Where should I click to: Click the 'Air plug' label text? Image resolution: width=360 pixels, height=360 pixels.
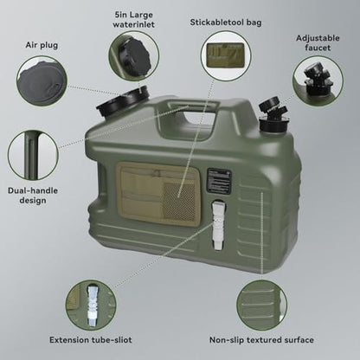(x=42, y=45)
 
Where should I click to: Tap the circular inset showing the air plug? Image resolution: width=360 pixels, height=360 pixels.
(x=42, y=81)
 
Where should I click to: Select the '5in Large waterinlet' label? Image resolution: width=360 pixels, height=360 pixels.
(x=133, y=19)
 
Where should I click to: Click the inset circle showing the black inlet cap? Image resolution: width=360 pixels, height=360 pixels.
(x=134, y=55)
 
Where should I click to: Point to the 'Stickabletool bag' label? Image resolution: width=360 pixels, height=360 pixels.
(x=226, y=22)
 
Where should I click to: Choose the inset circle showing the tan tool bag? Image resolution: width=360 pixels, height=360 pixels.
(x=226, y=56)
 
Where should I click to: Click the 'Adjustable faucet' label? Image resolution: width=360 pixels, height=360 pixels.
(x=318, y=42)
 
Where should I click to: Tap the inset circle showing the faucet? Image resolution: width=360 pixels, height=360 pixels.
(x=318, y=81)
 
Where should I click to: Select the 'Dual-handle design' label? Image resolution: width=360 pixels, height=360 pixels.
(x=33, y=196)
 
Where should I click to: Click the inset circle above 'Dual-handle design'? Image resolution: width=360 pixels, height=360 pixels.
(x=33, y=155)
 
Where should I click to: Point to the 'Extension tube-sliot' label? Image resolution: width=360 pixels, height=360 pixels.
(x=91, y=340)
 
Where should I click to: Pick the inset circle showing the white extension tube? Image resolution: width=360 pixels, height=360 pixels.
(x=91, y=305)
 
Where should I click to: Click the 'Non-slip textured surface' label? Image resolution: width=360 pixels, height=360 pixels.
(x=261, y=340)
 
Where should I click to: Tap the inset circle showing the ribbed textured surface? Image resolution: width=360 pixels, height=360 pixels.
(x=262, y=305)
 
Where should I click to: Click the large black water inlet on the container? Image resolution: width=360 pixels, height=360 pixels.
(x=123, y=101)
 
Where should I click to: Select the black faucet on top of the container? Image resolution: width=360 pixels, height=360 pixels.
(x=272, y=114)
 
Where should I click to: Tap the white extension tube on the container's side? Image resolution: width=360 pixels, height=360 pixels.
(x=218, y=225)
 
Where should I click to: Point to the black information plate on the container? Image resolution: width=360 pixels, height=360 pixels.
(x=219, y=181)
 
